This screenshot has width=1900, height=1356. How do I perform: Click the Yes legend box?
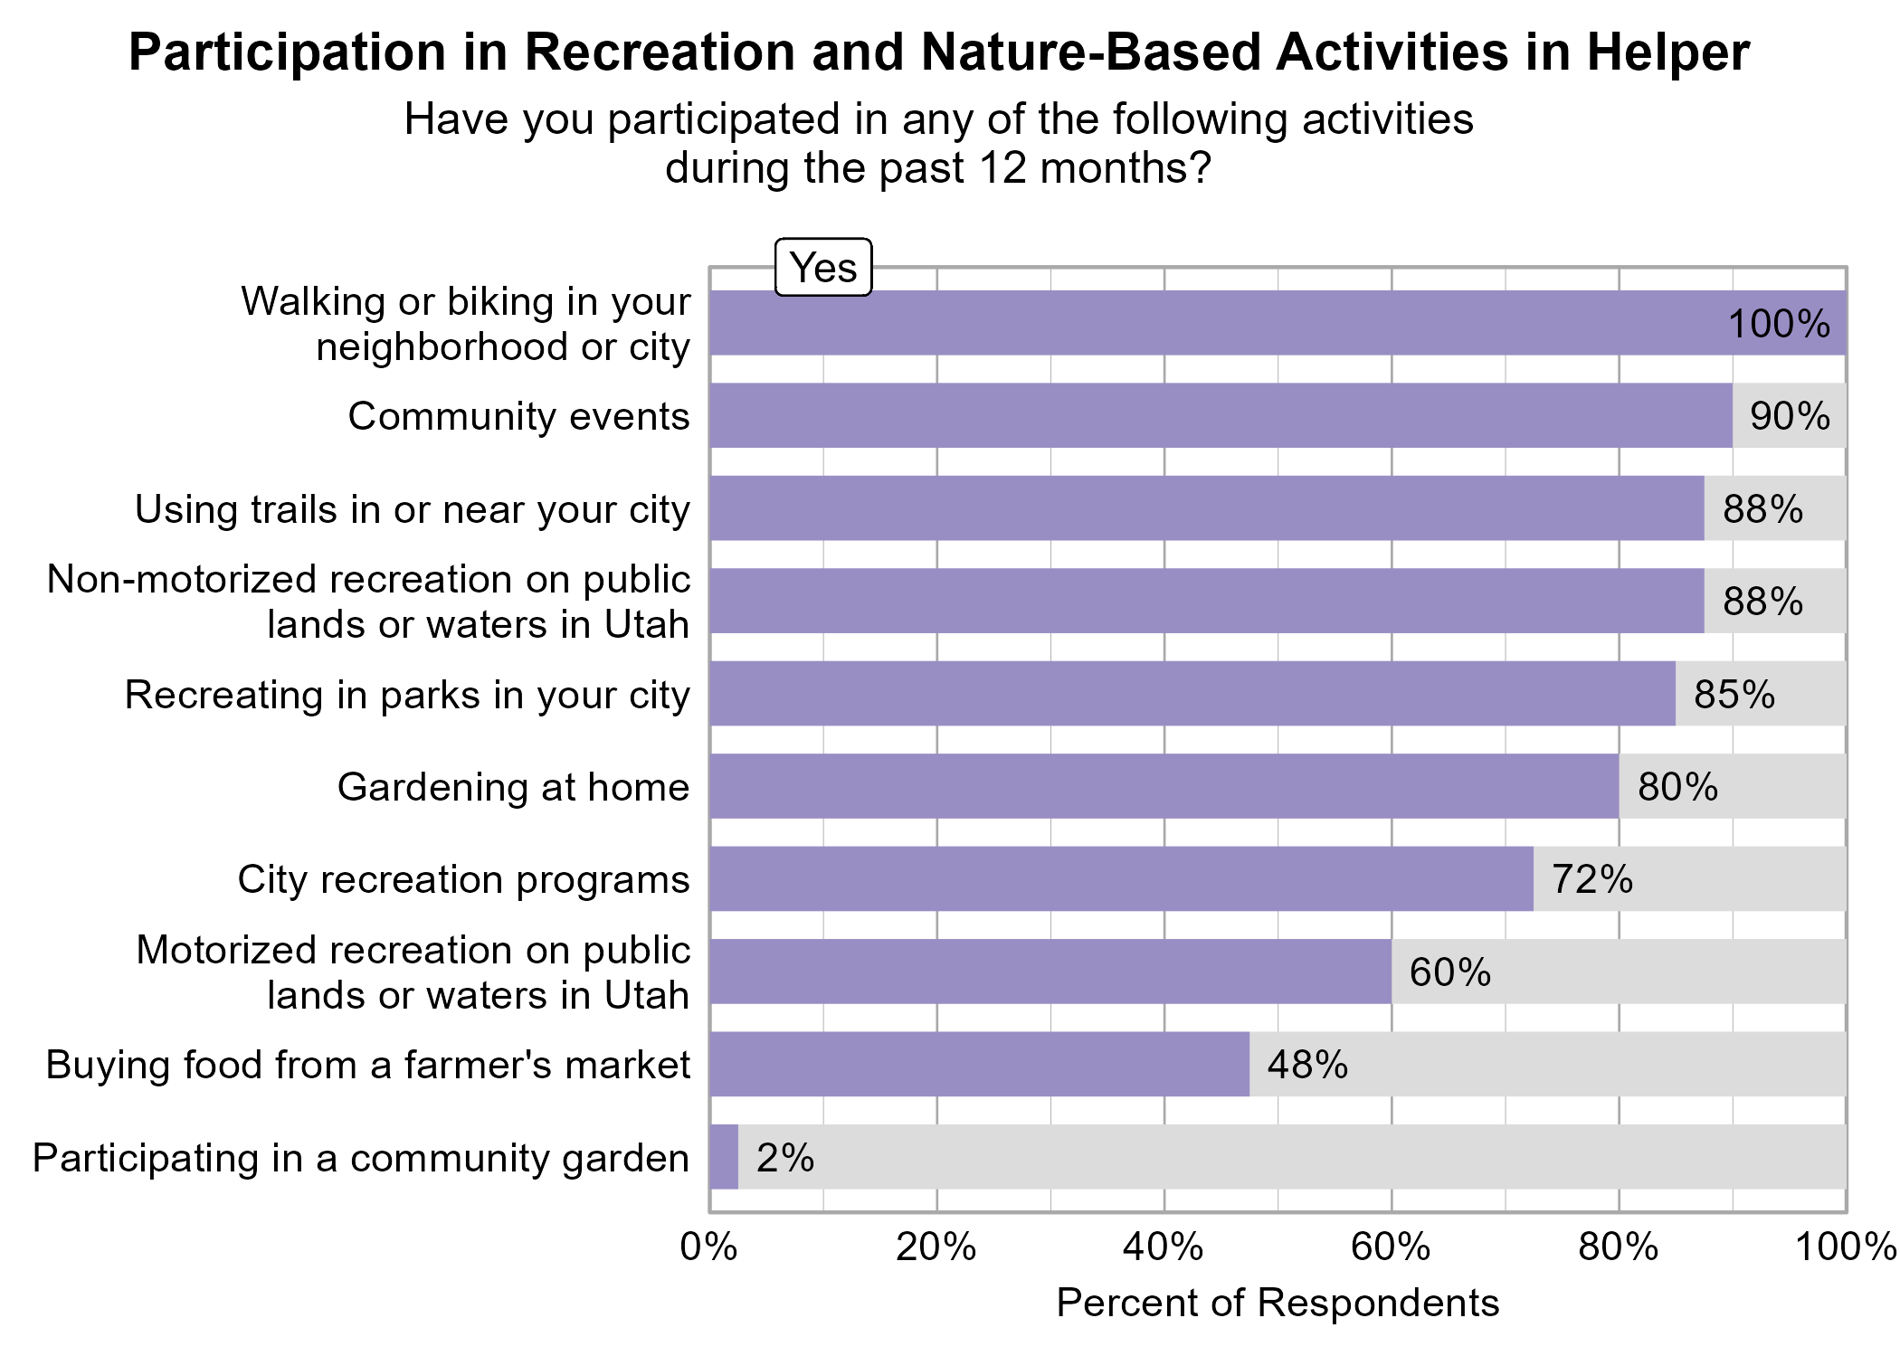pyautogui.click(x=823, y=268)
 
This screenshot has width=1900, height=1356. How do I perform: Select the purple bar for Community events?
pyautogui.click(x=1221, y=415)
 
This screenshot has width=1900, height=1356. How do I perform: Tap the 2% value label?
pyautogui.click(x=784, y=1158)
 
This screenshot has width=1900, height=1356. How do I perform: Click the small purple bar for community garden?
pyautogui.click(x=724, y=1157)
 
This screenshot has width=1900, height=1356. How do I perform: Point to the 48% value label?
pyautogui.click(x=1307, y=1065)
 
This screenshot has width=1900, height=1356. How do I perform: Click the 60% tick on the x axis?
pyautogui.click(x=1391, y=1248)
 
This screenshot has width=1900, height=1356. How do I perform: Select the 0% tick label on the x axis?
pyautogui.click(x=709, y=1248)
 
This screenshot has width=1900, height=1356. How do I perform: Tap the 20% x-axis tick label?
pyautogui.click(x=936, y=1248)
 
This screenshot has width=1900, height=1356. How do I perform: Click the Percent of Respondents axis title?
pyautogui.click(x=1278, y=1303)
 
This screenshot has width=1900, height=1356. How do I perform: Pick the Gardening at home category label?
pyautogui.click(x=513, y=787)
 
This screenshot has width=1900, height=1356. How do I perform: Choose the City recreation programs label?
pyautogui.click(x=463, y=879)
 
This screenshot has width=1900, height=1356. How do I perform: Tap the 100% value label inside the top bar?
pyautogui.click(x=1779, y=324)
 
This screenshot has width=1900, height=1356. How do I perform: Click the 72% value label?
pyautogui.click(x=1591, y=879)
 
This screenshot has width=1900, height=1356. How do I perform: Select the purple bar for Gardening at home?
pyautogui.click(x=1164, y=786)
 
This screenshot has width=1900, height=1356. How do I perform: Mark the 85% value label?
pyautogui.click(x=1734, y=694)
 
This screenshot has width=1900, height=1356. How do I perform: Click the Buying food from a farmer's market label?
pyautogui.click(x=367, y=1065)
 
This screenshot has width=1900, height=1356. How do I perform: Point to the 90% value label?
pyautogui.click(x=1790, y=416)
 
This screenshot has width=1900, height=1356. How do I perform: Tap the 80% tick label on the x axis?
pyautogui.click(x=1618, y=1248)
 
